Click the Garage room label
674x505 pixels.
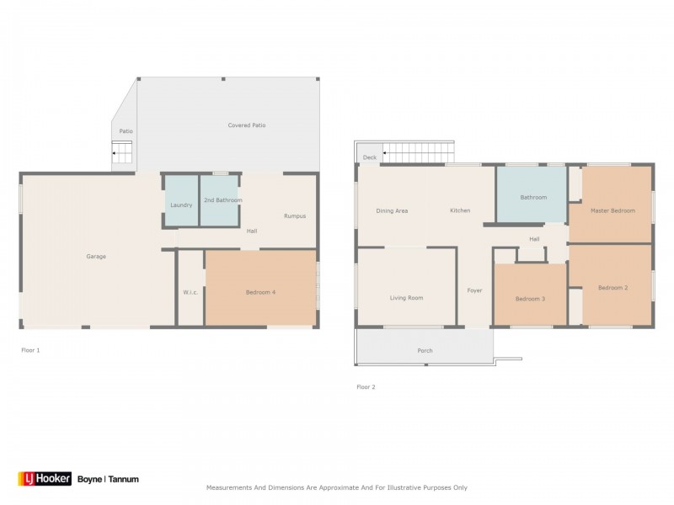pyautogui.click(x=96, y=257)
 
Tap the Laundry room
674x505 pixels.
pyautogui.click(x=181, y=200)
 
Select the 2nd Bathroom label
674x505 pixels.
pyautogui.click(x=223, y=200)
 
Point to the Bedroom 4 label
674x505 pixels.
pyautogui.click(x=260, y=292)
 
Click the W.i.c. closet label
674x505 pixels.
pyautogui.click(x=190, y=292)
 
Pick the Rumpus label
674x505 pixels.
pyautogui.click(x=295, y=216)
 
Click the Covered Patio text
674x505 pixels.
pyautogui.click(x=247, y=125)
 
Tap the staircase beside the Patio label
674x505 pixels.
pyautogui.click(x=121, y=152)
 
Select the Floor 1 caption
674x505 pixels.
pyautogui.click(x=30, y=350)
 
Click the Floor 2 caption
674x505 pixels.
pyautogui.click(x=366, y=387)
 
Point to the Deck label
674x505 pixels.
pyautogui.click(x=370, y=157)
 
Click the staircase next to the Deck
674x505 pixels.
pyautogui.click(x=418, y=152)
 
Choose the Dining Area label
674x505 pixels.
pyautogui.click(x=392, y=211)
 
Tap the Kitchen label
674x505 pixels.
pyautogui.click(x=460, y=210)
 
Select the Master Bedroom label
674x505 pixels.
pyautogui.click(x=612, y=211)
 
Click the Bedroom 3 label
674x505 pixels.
pyautogui.click(x=530, y=299)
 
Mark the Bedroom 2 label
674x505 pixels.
pyautogui.click(x=613, y=288)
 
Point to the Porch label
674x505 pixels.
pyautogui.click(x=425, y=351)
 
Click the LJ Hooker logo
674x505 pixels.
pyautogui.click(x=45, y=479)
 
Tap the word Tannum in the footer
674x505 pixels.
pyautogui.click(x=123, y=479)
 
